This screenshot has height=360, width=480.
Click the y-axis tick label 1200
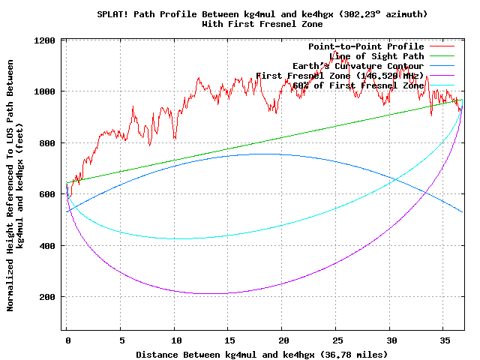[43, 40]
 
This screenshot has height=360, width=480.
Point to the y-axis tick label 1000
[43, 91]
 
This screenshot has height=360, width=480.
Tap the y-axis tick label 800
[46, 143]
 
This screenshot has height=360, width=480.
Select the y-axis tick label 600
[46, 194]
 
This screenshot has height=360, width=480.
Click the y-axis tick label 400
[46, 246]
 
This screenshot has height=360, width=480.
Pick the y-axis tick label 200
[46, 297]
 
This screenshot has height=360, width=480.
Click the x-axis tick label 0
[67, 340]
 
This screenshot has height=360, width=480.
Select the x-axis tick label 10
[175, 340]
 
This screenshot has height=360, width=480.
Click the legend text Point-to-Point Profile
[366, 46]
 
